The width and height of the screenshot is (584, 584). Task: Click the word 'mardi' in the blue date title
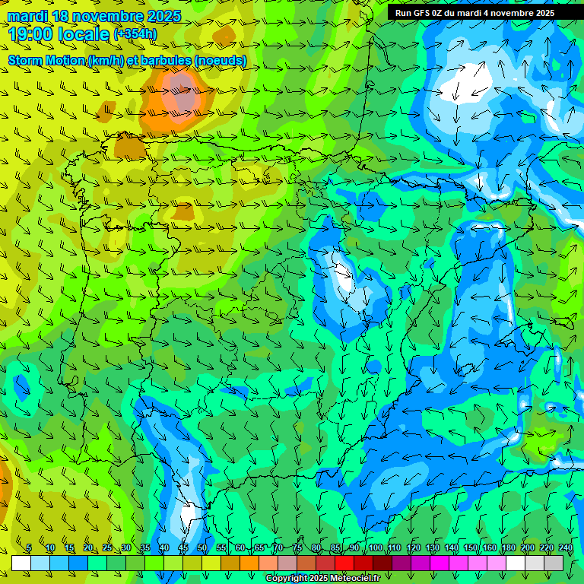coord(28,16)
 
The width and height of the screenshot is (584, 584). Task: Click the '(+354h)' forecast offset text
coord(135,33)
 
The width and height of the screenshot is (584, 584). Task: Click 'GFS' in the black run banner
coord(422,13)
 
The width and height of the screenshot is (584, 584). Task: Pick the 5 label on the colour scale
coord(29,548)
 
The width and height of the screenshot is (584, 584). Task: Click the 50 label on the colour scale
coord(202,548)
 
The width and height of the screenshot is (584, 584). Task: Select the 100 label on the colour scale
coord(376,548)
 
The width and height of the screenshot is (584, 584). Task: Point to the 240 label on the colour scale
coord(566,548)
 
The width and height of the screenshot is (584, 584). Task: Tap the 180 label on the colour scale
coord(508,548)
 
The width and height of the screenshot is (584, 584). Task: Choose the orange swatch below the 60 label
coord(249,563)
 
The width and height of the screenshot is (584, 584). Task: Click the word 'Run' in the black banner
coord(403,13)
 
